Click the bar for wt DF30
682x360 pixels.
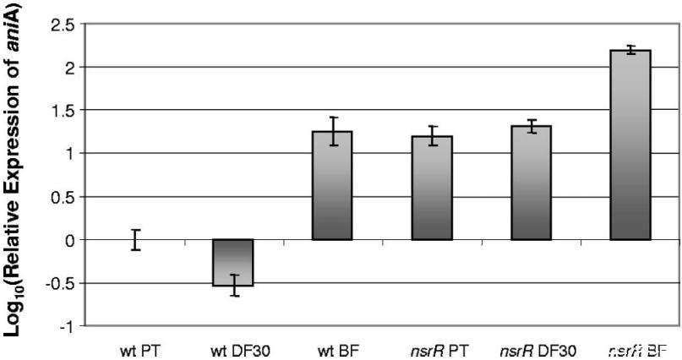[232, 263]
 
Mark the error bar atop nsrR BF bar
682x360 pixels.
[630, 50]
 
